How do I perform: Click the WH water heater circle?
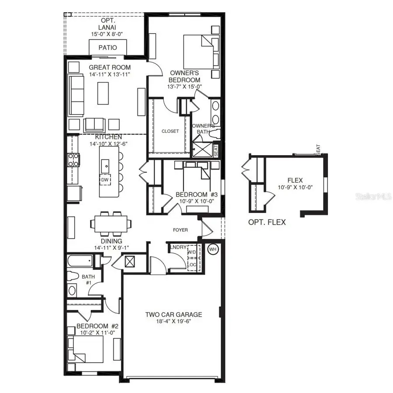coord(213,250)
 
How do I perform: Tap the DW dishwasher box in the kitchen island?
coord(105,180)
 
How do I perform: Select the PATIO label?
coord(108,48)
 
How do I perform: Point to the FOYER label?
coord(180,230)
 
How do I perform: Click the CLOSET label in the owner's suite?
coord(170,131)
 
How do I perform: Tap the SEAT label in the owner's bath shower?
coord(216,150)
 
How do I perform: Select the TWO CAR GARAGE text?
coord(173,314)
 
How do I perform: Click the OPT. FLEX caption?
coord(267,222)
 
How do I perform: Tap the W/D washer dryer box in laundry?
coord(192,253)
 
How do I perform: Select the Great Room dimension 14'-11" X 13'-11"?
coord(110,75)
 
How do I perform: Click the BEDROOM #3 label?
coord(190,195)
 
